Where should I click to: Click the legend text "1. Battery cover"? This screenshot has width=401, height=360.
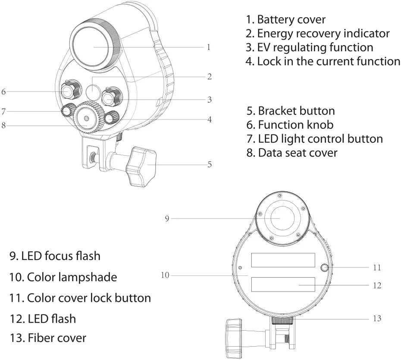[x=285, y=19]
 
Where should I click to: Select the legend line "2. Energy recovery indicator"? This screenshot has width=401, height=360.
[x=318, y=33]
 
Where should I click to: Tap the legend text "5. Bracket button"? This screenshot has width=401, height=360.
[x=291, y=111]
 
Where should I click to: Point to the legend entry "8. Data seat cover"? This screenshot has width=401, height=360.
[x=292, y=152]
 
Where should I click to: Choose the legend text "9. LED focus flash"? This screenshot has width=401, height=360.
[x=55, y=256]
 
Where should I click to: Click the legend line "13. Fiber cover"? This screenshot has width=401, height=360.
[x=47, y=338]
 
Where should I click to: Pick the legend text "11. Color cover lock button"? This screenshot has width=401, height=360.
[x=80, y=297]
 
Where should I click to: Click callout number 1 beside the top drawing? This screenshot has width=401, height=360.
[x=209, y=47]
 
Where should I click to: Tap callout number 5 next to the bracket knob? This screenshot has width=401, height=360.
[x=210, y=164]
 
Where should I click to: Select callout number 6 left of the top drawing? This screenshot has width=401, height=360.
[x=3, y=91]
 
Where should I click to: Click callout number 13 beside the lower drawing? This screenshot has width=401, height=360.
[x=377, y=319]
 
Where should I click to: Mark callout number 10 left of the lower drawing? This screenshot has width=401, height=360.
[x=165, y=275]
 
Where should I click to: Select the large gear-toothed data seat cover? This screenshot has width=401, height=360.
[x=88, y=117]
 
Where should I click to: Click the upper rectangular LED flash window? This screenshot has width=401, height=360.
[x=283, y=260]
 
